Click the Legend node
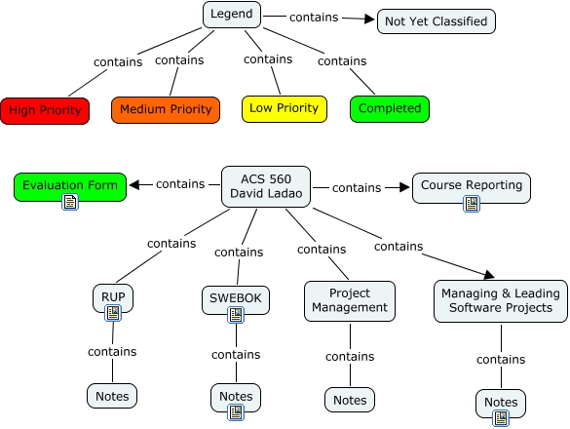tap(232, 15)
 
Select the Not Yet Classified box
tap(437, 21)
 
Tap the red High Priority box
tap(45, 110)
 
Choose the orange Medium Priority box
tap(166, 109)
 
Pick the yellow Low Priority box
tap(285, 109)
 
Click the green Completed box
tap(390, 109)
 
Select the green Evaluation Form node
tap(70, 187)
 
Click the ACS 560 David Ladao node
tap(266, 186)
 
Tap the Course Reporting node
tap(472, 188)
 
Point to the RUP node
tap(113, 297)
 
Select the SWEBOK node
tap(236, 300)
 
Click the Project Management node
tap(350, 301)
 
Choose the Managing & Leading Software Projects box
tap(501, 301)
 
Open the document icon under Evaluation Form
tap(70, 202)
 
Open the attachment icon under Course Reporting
tap(472, 204)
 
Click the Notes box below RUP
tap(112, 396)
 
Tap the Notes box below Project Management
tap(350, 400)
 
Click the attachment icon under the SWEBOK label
tap(236, 315)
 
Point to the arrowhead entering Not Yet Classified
tap(369, 19)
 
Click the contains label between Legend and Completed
tap(342, 61)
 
